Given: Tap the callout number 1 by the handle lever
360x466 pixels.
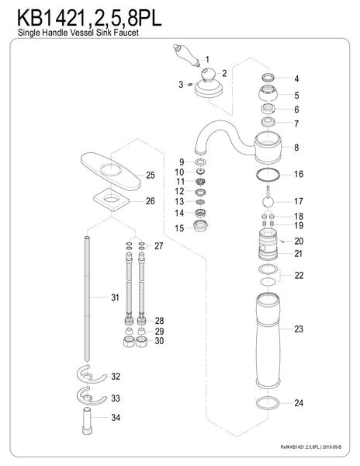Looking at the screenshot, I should tap(206, 59).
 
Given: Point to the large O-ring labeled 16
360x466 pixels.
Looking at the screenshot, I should tap(266, 174).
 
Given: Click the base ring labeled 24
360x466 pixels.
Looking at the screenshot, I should tap(266, 402).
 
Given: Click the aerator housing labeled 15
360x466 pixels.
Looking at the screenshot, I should tap(201, 228).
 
